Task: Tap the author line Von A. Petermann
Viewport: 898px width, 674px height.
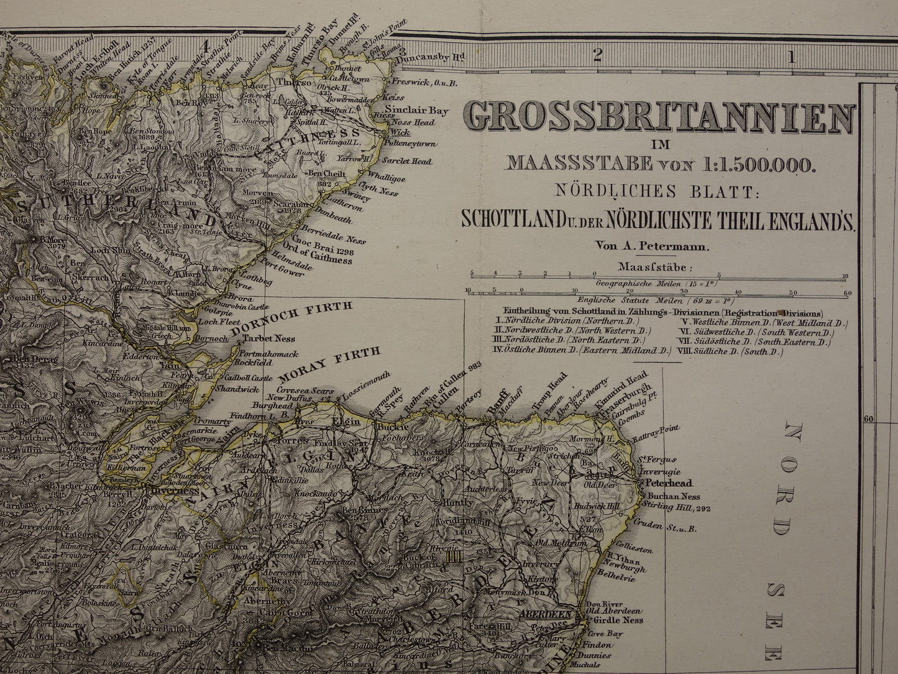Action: click(652, 245)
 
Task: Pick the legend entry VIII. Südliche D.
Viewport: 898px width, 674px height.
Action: click(731, 351)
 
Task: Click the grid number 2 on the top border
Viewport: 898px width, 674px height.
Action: click(597, 57)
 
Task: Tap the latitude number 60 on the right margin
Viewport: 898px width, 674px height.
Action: click(868, 418)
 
